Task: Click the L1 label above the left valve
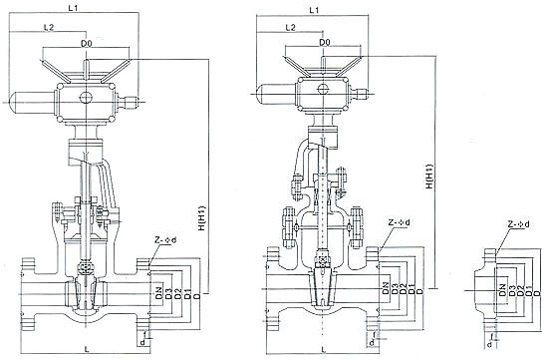click(73, 8)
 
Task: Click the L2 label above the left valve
click(49, 27)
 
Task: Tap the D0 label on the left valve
click(86, 44)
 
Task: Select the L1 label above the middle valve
click(314, 10)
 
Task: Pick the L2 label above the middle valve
click(290, 27)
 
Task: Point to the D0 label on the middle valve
click(325, 42)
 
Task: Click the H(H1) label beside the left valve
click(201, 218)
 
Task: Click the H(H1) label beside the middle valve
click(429, 177)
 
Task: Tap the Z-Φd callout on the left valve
click(165, 240)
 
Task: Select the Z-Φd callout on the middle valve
click(400, 222)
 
